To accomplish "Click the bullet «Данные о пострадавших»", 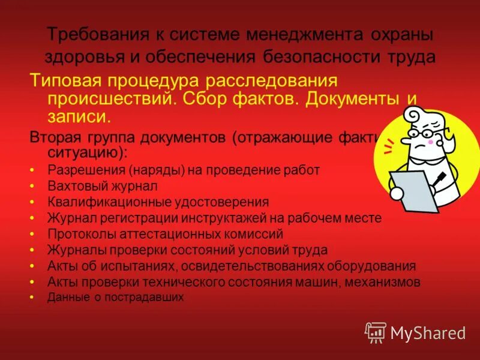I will click(x=115, y=297).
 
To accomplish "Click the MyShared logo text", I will click(x=428, y=332).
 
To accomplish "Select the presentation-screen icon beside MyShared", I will click(x=375, y=332).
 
